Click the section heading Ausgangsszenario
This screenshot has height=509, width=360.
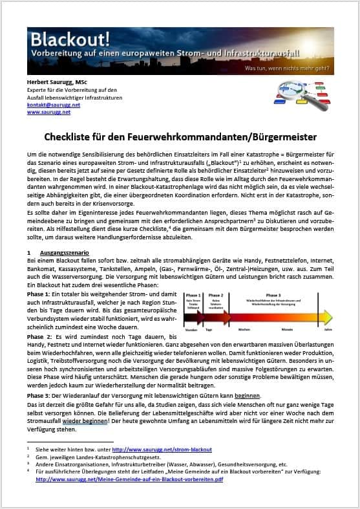pos(64,252)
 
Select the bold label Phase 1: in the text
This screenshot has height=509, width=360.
pos(42,292)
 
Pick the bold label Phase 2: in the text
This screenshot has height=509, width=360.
pos(42,337)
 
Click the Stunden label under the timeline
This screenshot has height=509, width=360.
pos(192,330)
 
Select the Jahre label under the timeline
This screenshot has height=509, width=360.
pos(328,330)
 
